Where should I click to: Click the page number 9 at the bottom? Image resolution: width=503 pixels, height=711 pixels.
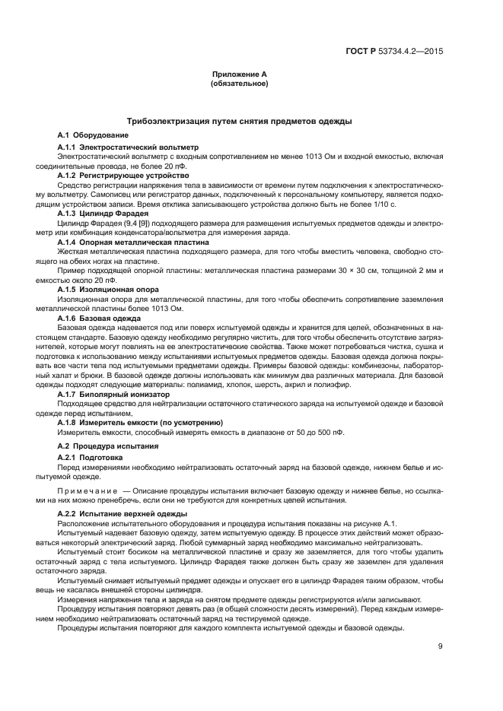(x=440, y=648)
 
